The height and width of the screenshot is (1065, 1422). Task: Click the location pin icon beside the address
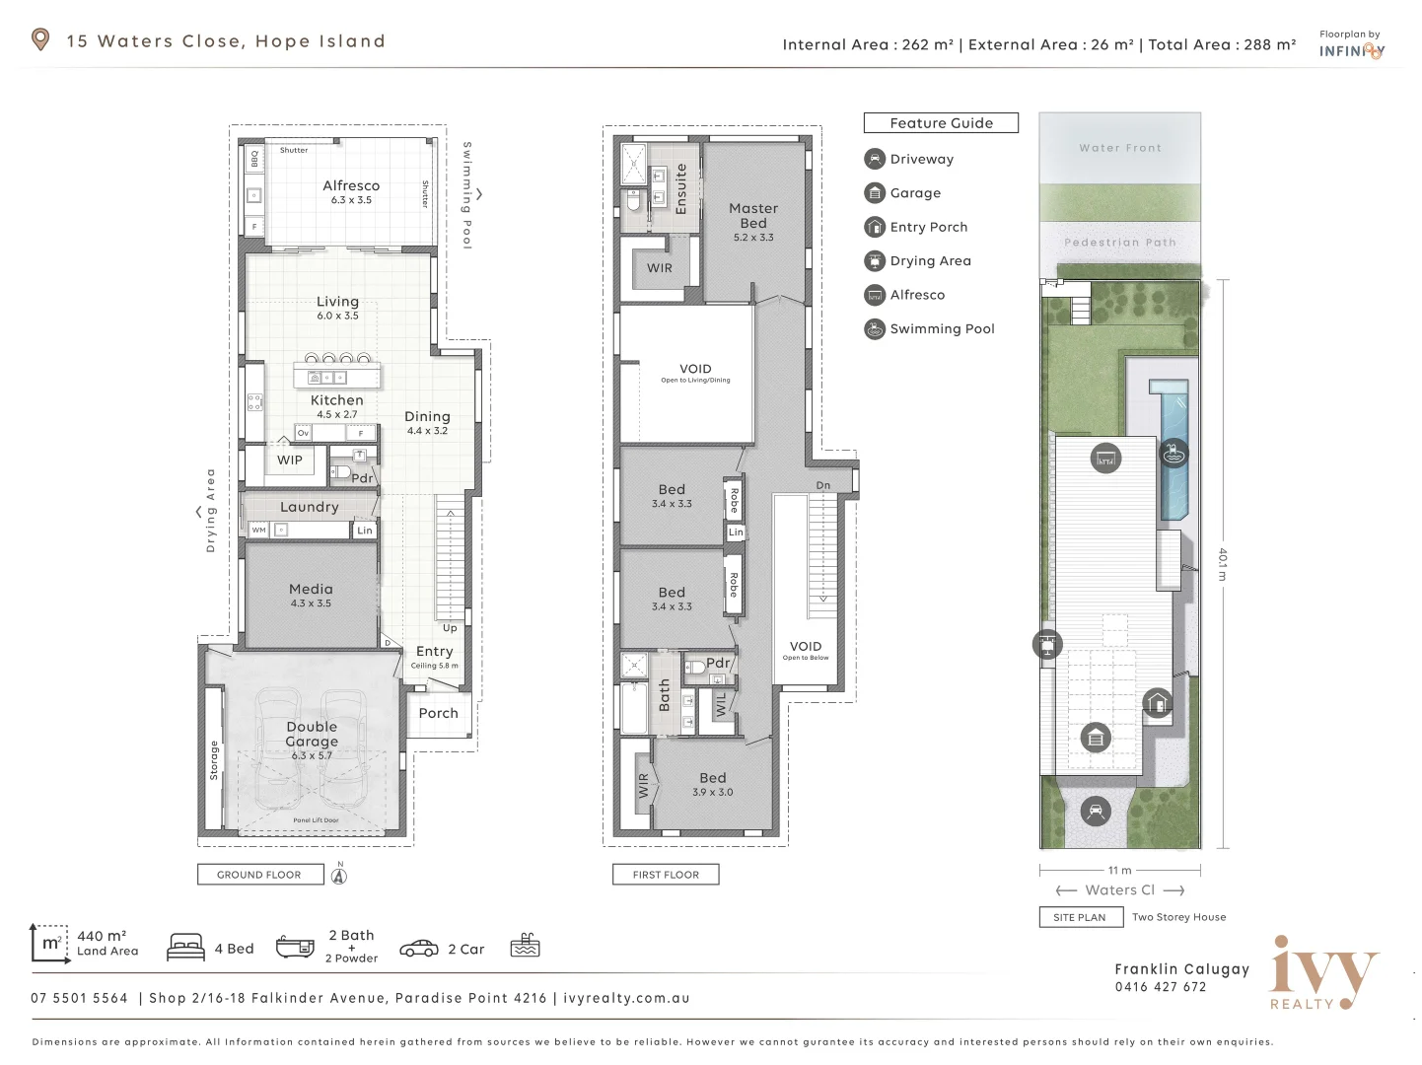point(40,39)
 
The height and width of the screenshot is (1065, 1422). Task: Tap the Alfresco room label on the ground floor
point(351,186)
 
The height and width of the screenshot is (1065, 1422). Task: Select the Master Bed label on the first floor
point(753,216)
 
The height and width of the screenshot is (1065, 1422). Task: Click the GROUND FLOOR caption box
point(260,875)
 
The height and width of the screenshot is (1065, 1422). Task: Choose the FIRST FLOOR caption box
point(666,875)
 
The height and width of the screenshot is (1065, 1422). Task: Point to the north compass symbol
point(339,875)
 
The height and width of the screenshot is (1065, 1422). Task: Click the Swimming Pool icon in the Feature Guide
point(875,329)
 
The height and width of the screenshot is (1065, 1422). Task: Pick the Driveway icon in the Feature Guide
point(875,159)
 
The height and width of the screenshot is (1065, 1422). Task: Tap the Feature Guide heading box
point(941,123)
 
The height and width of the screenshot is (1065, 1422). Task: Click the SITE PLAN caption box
point(1080,917)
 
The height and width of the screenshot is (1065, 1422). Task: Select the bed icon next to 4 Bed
point(186,948)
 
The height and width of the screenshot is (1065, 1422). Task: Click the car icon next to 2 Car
point(419,949)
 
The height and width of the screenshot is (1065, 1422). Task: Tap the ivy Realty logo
point(1323,972)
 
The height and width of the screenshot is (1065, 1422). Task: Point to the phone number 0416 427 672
point(1161,987)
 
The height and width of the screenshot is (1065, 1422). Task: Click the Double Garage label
point(312,735)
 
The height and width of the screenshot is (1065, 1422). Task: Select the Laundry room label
point(310,507)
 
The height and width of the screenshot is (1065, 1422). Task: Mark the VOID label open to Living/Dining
point(695,370)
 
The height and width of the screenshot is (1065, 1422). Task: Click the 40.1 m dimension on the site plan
point(1223,564)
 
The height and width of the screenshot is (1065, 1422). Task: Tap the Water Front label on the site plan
point(1120,148)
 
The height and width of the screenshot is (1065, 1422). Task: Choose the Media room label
point(311,590)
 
